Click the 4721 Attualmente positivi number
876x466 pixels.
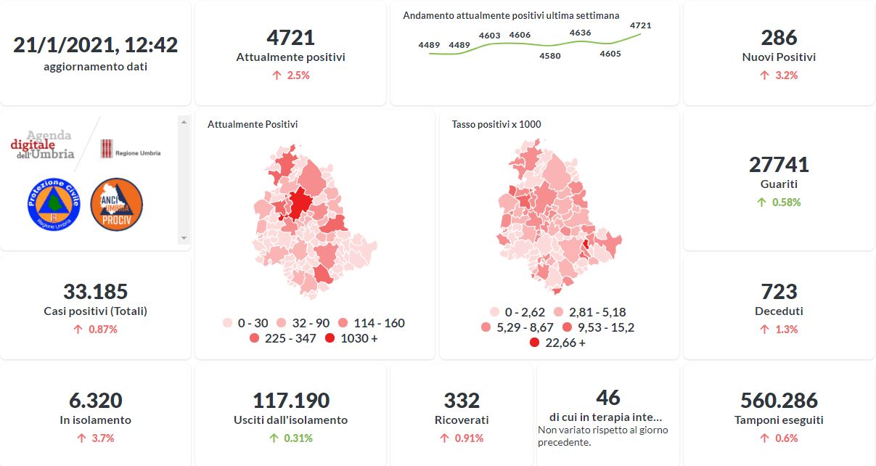point(290,37)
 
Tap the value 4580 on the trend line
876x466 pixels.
point(550,56)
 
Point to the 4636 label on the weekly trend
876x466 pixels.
point(580,33)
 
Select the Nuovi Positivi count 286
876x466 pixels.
point(779,37)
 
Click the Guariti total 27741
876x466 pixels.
point(779,164)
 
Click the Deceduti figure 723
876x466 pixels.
point(779,292)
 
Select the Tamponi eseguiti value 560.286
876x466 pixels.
point(779,400)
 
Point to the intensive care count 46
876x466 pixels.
point(608,397)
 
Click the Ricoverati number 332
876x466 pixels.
point(462,400)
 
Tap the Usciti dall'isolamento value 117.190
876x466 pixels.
point(290,400)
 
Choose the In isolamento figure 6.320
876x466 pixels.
point(95,400)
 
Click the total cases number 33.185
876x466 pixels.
point(95,292)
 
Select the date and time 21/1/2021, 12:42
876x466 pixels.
point(95,45)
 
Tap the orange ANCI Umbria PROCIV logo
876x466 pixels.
point(116,204)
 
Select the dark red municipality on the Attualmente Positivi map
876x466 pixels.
point(299,203)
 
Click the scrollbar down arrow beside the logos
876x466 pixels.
point(184,238)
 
